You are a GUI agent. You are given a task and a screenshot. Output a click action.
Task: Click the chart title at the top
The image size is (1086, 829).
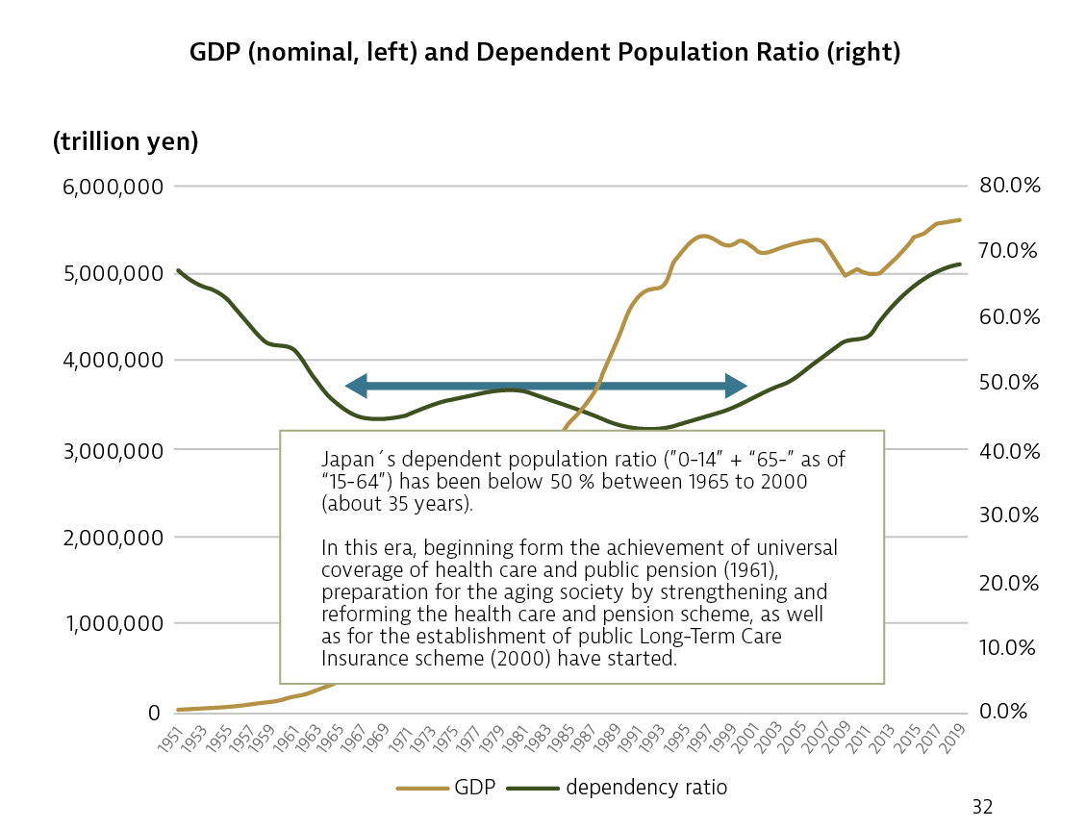[544, 53]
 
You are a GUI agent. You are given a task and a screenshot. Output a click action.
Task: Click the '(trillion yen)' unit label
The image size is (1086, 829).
[125, 142]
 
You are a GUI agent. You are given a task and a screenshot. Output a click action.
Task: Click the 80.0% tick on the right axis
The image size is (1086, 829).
[1009, 186]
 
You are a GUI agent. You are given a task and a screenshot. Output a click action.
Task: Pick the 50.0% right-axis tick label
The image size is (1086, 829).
[1009, 383]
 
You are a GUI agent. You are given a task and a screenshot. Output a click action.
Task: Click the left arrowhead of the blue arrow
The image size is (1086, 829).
[357, 386]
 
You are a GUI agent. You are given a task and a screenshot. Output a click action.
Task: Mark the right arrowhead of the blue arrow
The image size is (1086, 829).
[736, 386]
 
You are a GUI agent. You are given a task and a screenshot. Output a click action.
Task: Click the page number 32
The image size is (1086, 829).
[982, 806]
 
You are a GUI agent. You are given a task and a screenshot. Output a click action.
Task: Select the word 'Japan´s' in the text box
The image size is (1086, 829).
[355, 459]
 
